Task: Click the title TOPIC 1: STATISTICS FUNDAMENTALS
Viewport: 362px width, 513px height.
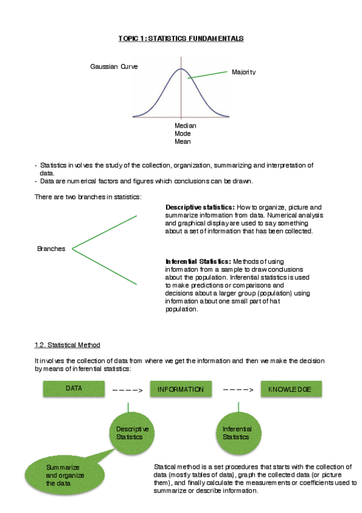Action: tap(181, 39)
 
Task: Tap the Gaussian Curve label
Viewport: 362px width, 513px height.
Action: tap(114, 67)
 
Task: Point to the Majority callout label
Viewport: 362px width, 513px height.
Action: tap(244, 72)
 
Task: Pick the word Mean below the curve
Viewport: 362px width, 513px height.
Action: tap(183, 142)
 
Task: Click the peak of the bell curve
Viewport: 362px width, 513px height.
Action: tap(181, 68)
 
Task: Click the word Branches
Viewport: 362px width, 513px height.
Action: tap(51, 249)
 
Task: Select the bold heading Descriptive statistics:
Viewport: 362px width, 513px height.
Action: tap(200, 207)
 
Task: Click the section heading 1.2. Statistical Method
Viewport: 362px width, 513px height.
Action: tap(67, 345)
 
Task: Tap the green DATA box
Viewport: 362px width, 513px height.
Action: tap(74, 388)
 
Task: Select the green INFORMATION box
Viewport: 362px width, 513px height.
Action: tap(180, 389)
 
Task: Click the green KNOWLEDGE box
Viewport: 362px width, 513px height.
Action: tap(289, 389)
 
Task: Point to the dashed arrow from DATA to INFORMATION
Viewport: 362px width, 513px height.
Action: tap(127, 390)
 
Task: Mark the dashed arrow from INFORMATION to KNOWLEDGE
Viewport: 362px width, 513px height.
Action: tap(238, 390)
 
